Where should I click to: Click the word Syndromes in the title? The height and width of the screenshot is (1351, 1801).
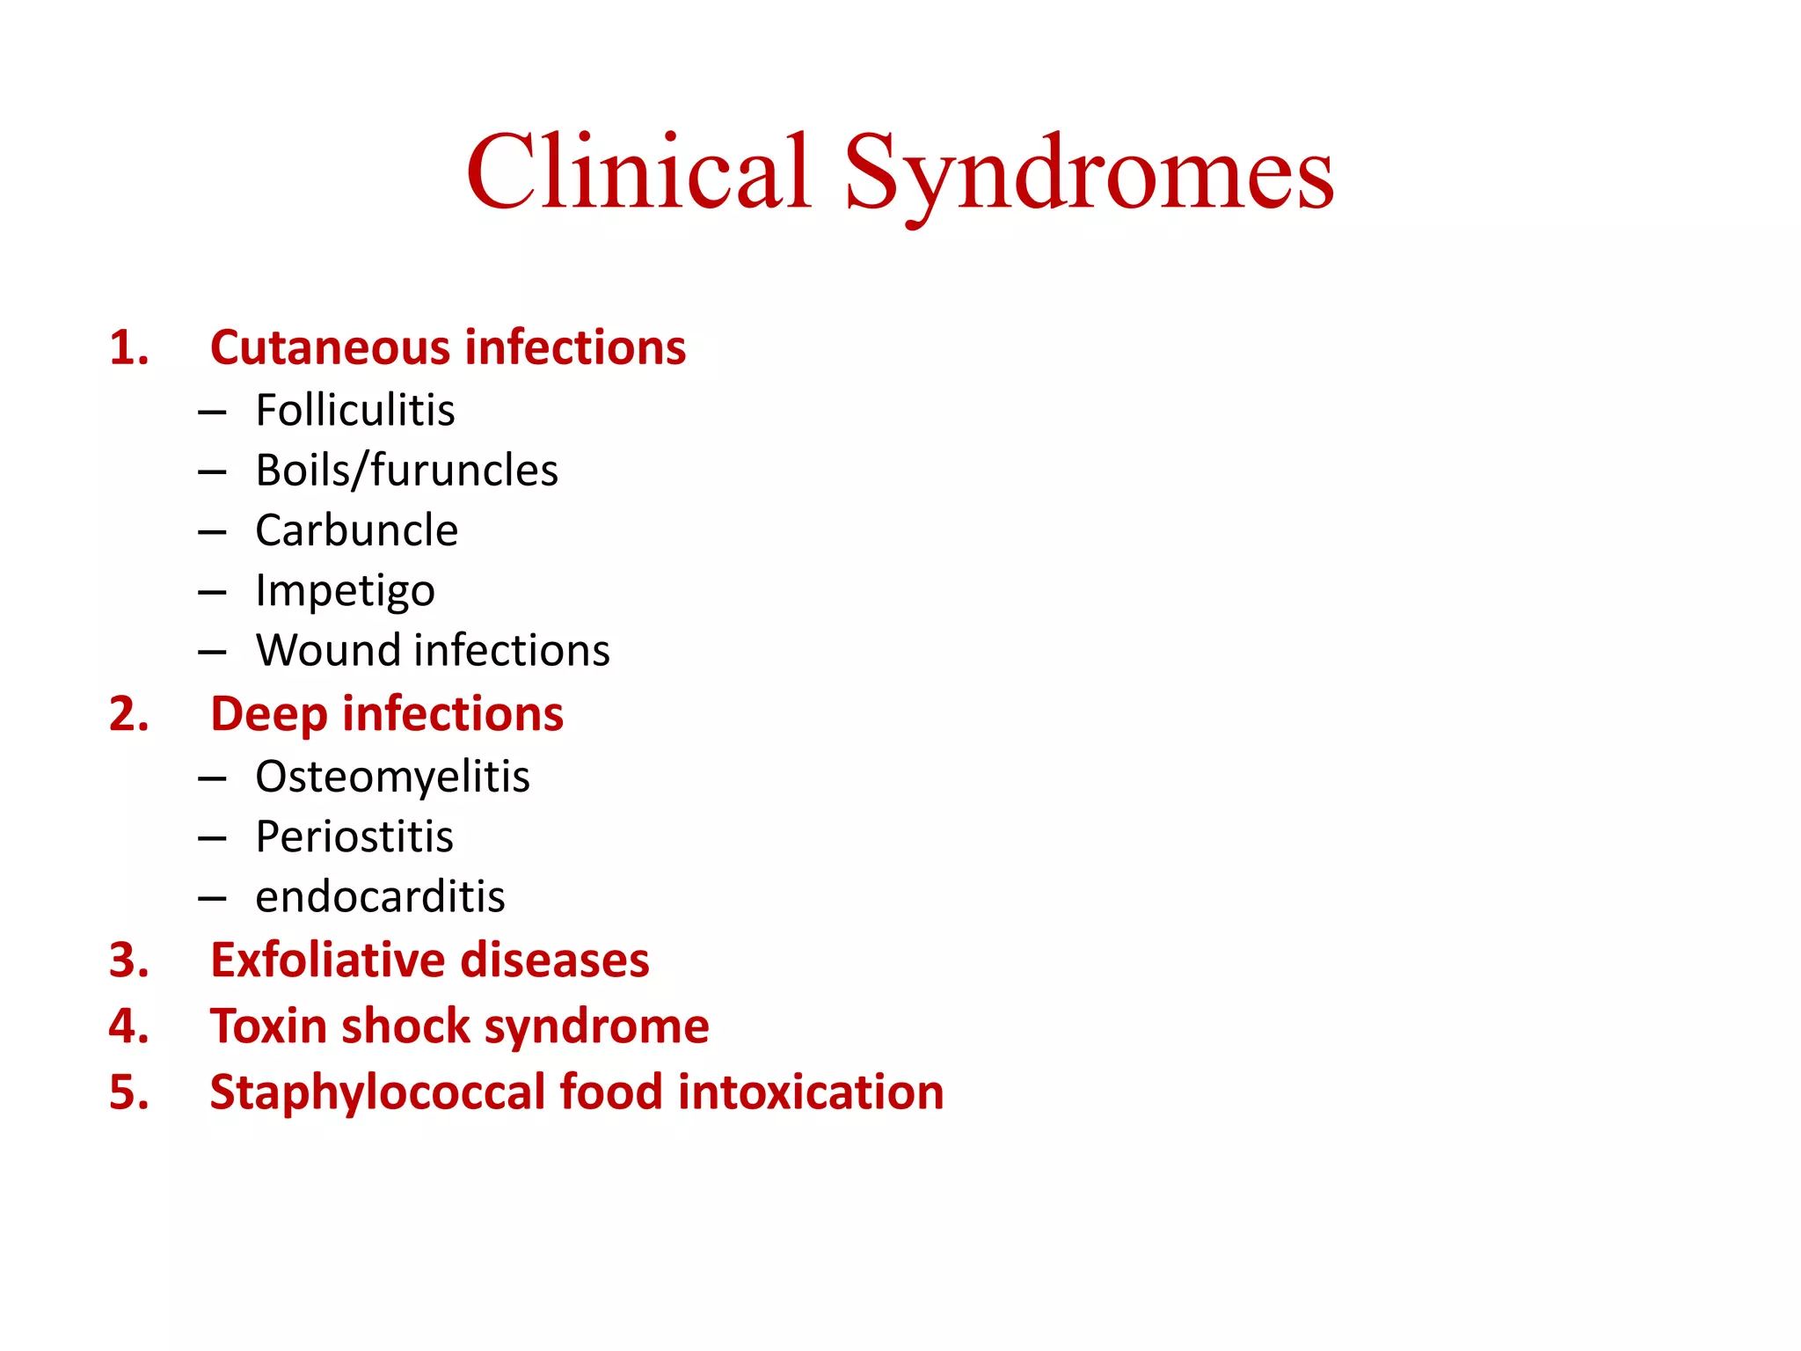point(1089,173)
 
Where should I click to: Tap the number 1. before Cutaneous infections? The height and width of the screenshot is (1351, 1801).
point(128,347)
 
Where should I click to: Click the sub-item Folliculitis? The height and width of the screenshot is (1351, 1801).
point(355,411)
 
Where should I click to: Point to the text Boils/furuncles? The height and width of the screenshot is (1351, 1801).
point(406,471)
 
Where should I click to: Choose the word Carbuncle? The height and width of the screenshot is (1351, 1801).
point(356,530)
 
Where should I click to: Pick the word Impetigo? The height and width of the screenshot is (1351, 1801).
point(345,591)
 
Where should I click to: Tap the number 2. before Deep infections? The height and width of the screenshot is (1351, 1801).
point(128,713)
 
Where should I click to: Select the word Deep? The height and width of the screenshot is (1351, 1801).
point(269,715)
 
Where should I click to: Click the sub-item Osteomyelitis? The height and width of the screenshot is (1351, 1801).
point(392,778)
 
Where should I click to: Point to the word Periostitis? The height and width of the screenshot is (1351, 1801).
point(354,836)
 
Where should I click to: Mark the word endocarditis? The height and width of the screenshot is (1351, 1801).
point(380,897)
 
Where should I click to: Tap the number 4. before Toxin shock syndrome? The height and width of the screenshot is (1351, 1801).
point(128,1026)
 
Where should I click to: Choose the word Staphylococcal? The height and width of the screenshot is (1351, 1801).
point(378,1093)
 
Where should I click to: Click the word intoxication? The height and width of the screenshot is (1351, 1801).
point(811,1092)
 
